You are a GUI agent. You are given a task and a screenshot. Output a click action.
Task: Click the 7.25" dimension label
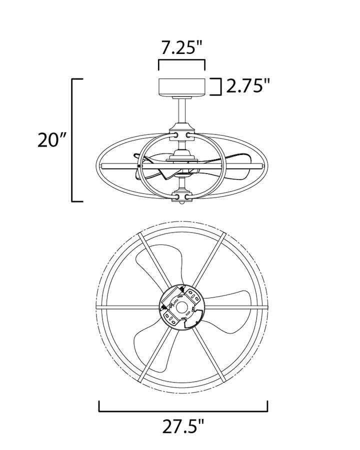181,47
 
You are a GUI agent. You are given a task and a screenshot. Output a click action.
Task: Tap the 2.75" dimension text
248,86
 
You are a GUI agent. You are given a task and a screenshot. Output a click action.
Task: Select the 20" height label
52,140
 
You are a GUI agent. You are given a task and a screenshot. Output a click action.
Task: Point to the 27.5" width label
183,426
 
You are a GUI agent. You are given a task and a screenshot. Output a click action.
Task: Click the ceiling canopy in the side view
181,87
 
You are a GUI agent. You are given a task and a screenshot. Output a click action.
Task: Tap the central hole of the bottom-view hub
181,307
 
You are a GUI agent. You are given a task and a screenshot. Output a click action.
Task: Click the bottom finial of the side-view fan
181,202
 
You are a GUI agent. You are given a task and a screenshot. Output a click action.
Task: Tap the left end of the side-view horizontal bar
101,166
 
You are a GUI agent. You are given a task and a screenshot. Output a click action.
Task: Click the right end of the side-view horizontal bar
262,166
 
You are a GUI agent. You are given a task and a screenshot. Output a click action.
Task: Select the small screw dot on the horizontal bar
139,166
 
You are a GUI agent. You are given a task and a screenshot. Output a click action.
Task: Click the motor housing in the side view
181,156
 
